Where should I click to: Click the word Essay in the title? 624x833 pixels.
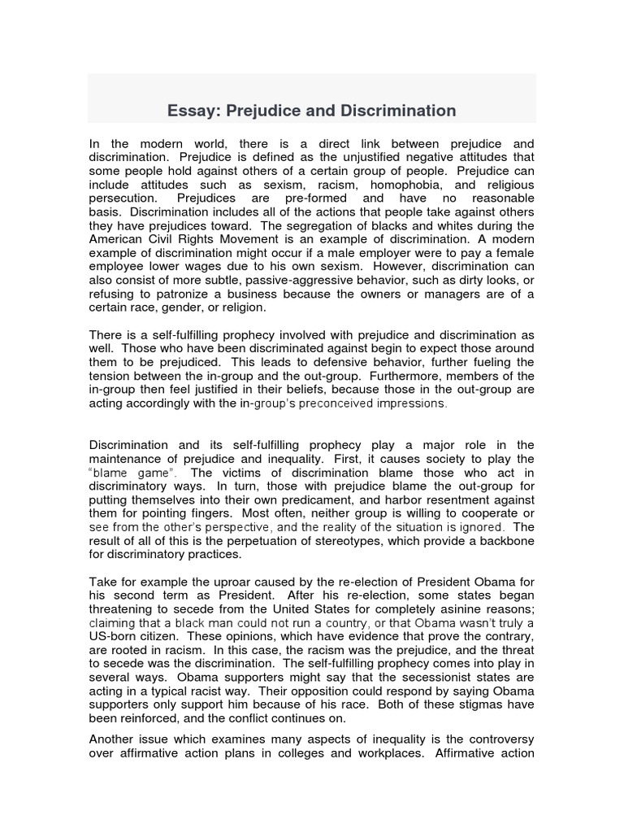click(189, 110)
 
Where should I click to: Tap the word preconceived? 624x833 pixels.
click(311, 403)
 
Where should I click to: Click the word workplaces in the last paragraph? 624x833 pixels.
click(362, 753)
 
